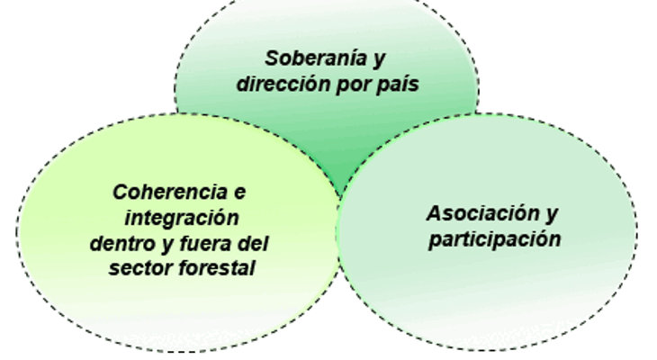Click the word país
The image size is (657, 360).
pos(398,85)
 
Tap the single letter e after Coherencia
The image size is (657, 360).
pos(239,193)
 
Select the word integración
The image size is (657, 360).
pos(182,219)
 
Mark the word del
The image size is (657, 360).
pos(253,243)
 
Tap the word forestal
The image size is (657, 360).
pos(217,268)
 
